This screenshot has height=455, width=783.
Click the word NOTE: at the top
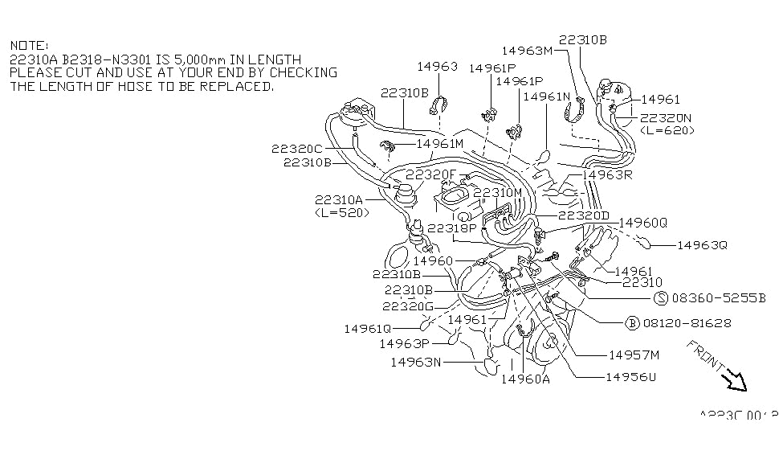(29, 46)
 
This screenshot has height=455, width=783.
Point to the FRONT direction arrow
(732, 379)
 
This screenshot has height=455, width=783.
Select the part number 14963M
(527, 50)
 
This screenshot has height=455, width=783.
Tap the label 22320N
(667, 117)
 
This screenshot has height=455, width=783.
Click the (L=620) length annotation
(667, 129)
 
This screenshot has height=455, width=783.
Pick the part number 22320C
(296, 149)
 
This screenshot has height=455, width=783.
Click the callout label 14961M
(441, 144)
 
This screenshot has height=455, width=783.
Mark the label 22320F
(430, 174)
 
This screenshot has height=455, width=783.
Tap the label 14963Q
(701, 245)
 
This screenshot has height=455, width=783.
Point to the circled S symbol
(661, 297)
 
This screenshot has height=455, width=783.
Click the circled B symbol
(632, 323)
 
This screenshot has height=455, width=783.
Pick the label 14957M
(634, 355)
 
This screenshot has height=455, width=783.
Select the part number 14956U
(630, 376)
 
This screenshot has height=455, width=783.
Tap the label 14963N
(417, 362)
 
